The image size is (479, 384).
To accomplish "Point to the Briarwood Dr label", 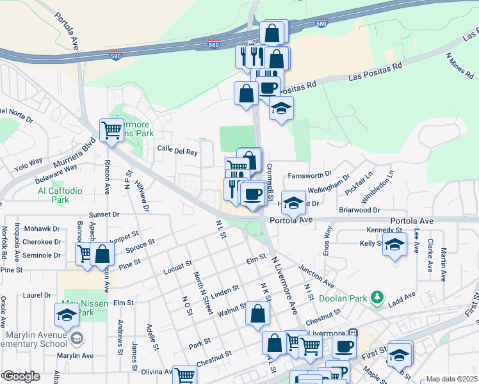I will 359,209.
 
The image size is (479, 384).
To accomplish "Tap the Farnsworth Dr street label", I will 311,173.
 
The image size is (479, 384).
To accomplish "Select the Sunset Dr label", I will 104,214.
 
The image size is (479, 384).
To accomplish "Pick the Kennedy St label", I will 384,230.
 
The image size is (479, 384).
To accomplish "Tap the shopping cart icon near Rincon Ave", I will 111,130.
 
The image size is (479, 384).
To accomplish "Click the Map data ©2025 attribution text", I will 451,379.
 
